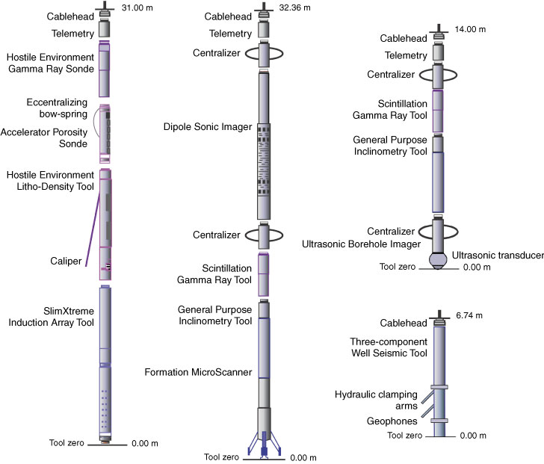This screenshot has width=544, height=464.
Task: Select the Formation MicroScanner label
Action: point(208,371)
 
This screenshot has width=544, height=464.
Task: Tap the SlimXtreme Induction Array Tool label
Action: point(50,316)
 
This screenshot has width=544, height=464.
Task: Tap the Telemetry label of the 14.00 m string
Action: point(405,55)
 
